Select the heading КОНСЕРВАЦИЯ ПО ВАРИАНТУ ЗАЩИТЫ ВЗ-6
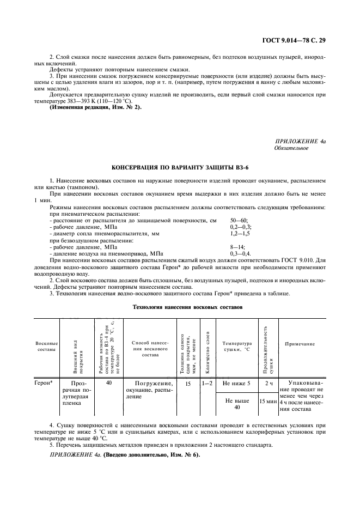180,168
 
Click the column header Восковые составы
46,347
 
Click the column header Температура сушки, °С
237,347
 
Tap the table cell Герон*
44,384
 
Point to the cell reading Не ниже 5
237,384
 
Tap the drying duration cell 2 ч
268,384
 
